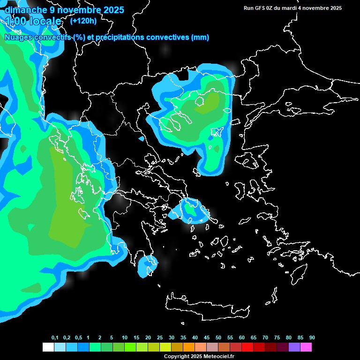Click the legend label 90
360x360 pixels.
pyautogui.click(x=312, y=337)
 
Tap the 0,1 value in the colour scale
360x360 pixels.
pyautogui.click(x=55, y=337)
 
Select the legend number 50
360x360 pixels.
pyautogui.click(x=218, y=337)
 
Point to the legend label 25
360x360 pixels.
pyautogui.click(x=160, y=337)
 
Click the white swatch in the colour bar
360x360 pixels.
pyautogui.click(x=48, y=347)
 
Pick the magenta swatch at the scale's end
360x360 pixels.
pyautogui.click(x=306, y=347)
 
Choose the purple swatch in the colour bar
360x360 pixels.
pyautogui.click(x=294, y=347)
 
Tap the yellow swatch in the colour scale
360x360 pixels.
pyautogui.click(x=165, y=347)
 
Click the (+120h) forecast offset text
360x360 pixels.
pyautogui.click(x=83, y=21)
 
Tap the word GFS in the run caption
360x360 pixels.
pyautogui.click(x=261, y=8)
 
